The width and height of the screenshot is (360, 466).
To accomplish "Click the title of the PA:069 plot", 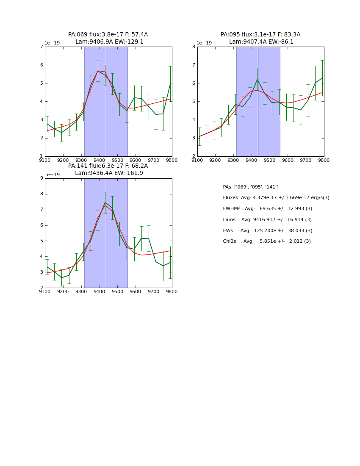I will [108, 38].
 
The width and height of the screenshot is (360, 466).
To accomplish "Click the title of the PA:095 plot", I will [260, 38].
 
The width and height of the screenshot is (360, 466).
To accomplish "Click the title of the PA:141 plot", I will [108, 169].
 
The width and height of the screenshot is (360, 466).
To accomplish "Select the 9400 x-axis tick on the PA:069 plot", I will [100, 161].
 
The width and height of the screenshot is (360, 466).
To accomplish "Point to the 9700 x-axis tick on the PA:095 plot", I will [306, 161].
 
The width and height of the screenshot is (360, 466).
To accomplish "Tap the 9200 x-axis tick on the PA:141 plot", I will [63, 292].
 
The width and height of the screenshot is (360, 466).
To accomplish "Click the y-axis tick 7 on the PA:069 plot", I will [41, 47].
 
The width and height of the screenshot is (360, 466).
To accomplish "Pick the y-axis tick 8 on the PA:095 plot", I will [194, 47].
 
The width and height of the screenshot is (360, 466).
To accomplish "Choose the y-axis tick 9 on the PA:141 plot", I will [41, 178].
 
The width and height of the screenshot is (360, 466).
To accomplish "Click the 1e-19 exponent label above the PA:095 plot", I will [204, 43].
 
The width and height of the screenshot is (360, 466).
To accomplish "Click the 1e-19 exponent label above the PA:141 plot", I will [52, 175].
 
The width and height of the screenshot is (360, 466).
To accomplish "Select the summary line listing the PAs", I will [251, 187].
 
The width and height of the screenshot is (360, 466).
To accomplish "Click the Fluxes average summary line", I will [276, 198].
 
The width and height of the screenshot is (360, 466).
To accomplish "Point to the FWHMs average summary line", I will [267, 209].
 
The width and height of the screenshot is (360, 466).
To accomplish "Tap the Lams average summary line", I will [267, 219].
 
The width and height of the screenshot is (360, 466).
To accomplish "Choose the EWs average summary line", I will [267, 230].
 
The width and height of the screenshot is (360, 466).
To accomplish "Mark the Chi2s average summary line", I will [266, 241].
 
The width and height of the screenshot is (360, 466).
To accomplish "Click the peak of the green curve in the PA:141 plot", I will [105, 202].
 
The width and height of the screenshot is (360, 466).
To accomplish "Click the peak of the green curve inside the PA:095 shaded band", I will [257, 79].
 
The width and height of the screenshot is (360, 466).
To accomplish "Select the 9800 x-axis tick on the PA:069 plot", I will [172, 161].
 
